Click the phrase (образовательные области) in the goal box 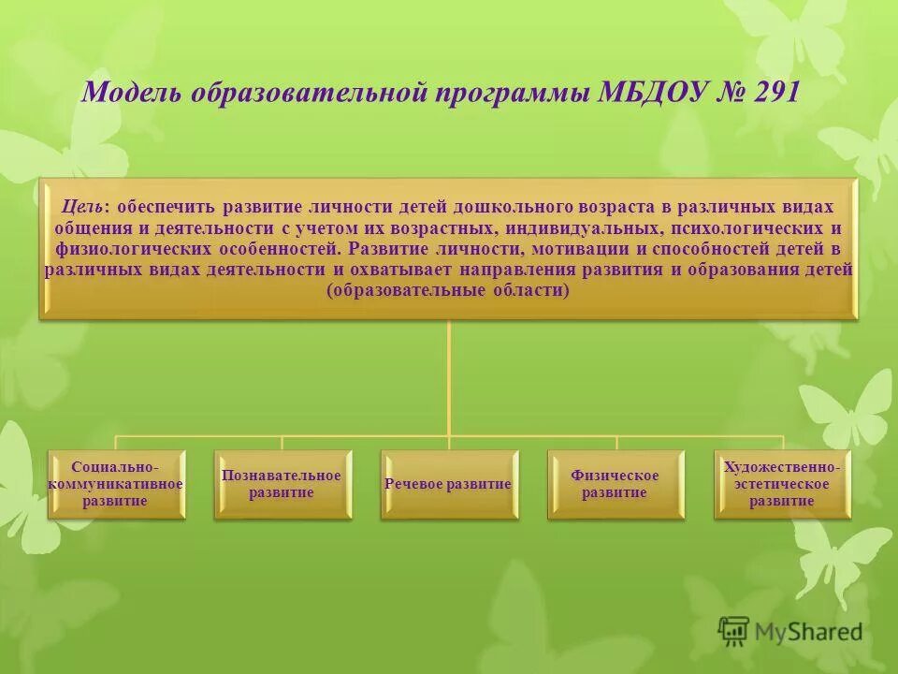(448, 290)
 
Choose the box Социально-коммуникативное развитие (116, 484)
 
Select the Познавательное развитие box (282, 484)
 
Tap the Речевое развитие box (448, 484)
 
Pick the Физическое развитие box (615, 484)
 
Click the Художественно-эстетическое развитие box (782, 484)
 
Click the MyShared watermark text (809, 632)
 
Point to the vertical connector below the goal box (449, 374)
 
